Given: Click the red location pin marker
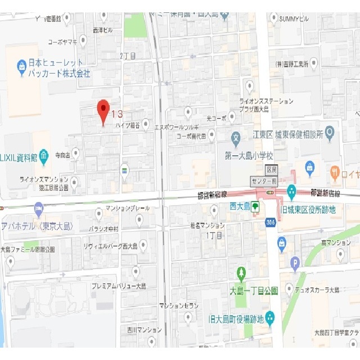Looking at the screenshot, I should [103, 111].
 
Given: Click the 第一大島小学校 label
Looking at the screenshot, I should [249, 155].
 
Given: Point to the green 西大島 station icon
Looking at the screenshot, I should [255, 206].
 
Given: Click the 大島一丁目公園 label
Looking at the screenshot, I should [254, 290].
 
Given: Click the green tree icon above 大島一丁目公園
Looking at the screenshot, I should [241, 273].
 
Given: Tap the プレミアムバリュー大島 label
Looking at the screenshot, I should [119, 286].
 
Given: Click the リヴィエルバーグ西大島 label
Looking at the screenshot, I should [110, 245].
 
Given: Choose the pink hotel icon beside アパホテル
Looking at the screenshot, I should [39, 209].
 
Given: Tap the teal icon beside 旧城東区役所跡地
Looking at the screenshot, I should [291, 191].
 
